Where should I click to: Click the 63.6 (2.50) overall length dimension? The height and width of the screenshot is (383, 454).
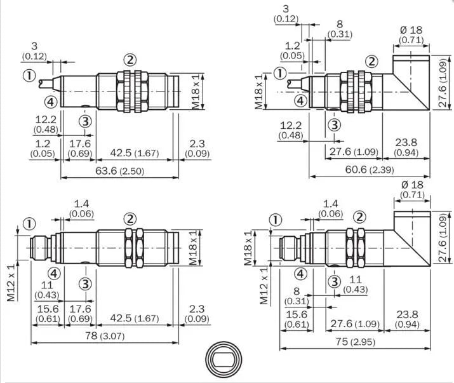119,171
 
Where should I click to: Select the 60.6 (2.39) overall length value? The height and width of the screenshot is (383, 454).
370,170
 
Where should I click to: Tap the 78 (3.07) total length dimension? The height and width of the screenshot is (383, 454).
105,336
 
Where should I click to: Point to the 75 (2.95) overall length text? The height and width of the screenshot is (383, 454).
356,342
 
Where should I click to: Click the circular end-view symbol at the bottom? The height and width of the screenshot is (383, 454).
224,359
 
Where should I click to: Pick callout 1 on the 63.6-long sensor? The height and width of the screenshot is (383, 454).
29,76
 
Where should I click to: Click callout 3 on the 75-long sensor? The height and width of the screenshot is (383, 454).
335,281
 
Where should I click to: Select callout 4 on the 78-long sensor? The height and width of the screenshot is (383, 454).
54,273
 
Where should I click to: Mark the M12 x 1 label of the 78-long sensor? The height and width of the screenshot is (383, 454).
11,283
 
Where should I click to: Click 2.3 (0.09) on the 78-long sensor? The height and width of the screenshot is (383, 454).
197,314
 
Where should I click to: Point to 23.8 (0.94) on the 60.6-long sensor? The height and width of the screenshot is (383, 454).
406,147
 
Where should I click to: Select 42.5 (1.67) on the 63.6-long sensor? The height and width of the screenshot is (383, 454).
135,153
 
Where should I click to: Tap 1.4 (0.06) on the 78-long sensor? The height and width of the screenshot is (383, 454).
81,208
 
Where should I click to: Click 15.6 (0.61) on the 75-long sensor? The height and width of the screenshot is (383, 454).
297,319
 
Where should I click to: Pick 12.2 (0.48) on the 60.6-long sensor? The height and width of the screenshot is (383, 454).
291,130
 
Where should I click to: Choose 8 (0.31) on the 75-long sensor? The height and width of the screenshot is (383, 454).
297,296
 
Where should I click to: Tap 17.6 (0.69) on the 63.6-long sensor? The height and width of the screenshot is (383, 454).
80,149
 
